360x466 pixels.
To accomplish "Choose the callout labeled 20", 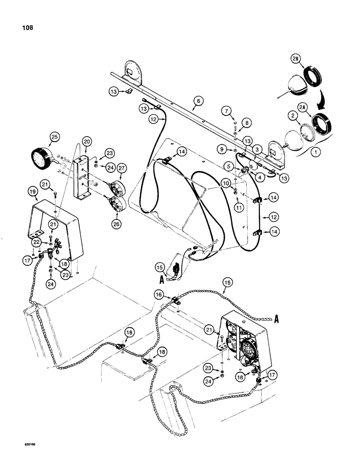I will pyautogui.click(x=86, y=142).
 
